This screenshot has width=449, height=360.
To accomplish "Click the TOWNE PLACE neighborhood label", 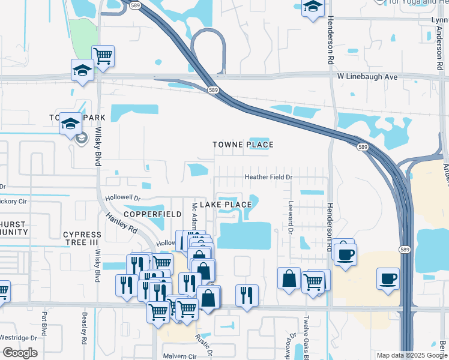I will tap(243, 145).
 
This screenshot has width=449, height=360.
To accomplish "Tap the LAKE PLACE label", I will tap(225, 205).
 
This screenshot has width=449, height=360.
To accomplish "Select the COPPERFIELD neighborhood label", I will tap(152, 214).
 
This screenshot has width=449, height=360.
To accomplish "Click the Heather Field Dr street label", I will tap(268, 177).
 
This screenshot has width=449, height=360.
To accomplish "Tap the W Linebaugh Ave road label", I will tap(367, 77).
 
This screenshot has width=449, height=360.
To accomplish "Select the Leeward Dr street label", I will tap(290, 218).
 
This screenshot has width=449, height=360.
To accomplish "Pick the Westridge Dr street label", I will tap(21, 338).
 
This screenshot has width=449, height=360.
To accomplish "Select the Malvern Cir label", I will tap(179, 356).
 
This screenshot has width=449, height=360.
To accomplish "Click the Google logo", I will tap(20, 353).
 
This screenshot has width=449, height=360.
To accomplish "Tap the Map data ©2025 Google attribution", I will tap(411, 355).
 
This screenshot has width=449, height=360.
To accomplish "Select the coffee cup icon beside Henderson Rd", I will tap(346, 254).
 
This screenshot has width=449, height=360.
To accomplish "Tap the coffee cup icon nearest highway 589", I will tap(388, 278).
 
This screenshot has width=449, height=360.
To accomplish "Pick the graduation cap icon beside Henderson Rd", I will tap(313, 7).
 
